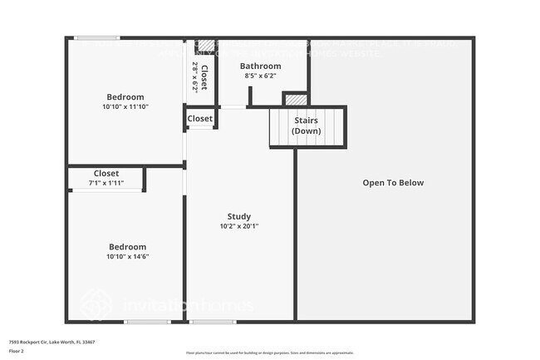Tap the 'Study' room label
[239, 217]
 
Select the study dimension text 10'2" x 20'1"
[239, 227]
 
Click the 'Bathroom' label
[260, 67]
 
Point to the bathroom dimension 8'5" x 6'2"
[260, 76]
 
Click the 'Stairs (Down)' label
[307, 126]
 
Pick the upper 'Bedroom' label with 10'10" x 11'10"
[125, 96]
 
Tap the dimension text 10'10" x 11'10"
[125, 107]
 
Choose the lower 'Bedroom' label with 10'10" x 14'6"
[127, 247]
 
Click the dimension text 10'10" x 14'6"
[127, 257]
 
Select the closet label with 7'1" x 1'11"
[106, 174]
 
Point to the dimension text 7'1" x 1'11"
[106, 183]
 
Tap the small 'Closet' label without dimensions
[199, 119]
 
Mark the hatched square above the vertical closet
[206, 46]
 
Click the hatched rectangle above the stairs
[295, 100]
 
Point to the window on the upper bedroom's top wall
[97, 37]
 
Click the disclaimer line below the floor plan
[270, 353]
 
